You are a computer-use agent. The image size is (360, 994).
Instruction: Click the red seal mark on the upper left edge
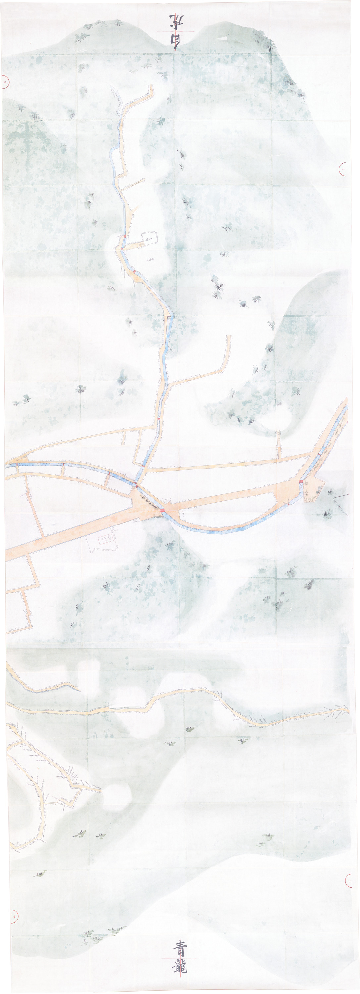pyautogui.click(x=5, y=82)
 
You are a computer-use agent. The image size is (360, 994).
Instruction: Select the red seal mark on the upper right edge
pyautogui.click(x=343, y=168)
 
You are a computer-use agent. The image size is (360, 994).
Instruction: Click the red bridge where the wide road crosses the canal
pyautogui.click(x=162, y=511)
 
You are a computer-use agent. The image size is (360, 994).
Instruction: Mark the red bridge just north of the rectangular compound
pyautogui.click(x=125, y=236)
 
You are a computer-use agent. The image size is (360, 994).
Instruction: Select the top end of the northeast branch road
pyautogui.click(x=229, y=337)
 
